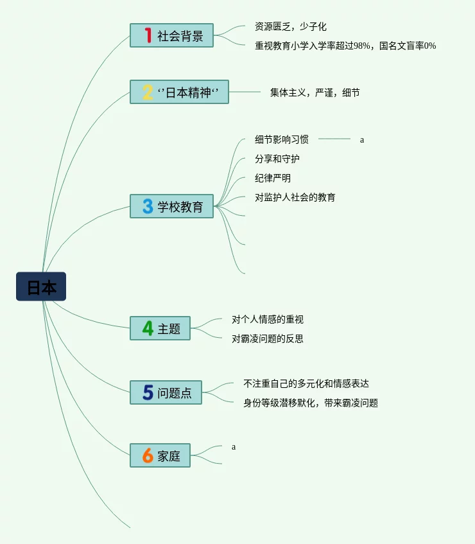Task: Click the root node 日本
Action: (41, 286)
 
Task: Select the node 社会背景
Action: (171, 35)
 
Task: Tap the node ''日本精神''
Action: (179, 92)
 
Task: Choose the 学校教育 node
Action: (171, 206)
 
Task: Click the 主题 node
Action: (160, 328)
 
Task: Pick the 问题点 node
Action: (166, 392)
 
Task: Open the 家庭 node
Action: (160, 455)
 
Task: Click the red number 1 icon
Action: (148, 35)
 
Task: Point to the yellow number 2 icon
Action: (148, 92)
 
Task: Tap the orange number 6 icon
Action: (148, 455)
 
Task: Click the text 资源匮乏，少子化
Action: (291, 26)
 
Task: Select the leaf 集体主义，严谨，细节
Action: (315, 92)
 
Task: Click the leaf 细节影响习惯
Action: (282, 139)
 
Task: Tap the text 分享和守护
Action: (277, 159)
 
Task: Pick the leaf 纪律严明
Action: (273, 178)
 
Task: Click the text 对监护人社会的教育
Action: (295, 197)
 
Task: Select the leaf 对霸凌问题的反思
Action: (268, 338)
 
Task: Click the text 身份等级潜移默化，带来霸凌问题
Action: (311, 403)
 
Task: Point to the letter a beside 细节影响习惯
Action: (362, 139)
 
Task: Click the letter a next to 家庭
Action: (234, 446)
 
